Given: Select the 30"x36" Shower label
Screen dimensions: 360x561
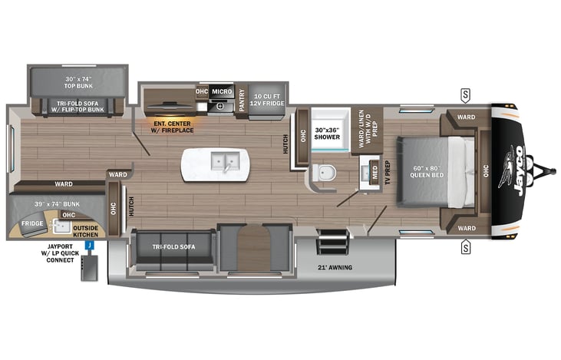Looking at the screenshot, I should (x=326, y=135).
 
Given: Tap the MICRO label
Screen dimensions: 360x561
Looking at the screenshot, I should (x=223, y=92).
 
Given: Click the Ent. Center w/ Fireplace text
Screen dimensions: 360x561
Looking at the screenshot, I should (x=173, y=126).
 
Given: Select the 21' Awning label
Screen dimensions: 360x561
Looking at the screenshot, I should (x=335, y=267).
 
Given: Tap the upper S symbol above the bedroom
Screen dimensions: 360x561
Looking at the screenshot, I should (x=465, y=95).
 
